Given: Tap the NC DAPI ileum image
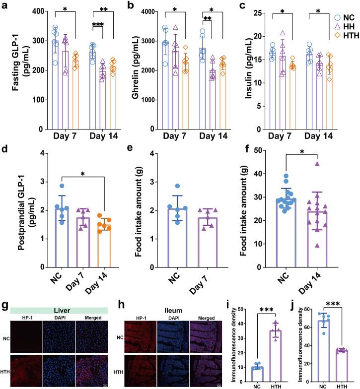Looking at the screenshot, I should pyautogui.click(x=171, y=323).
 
